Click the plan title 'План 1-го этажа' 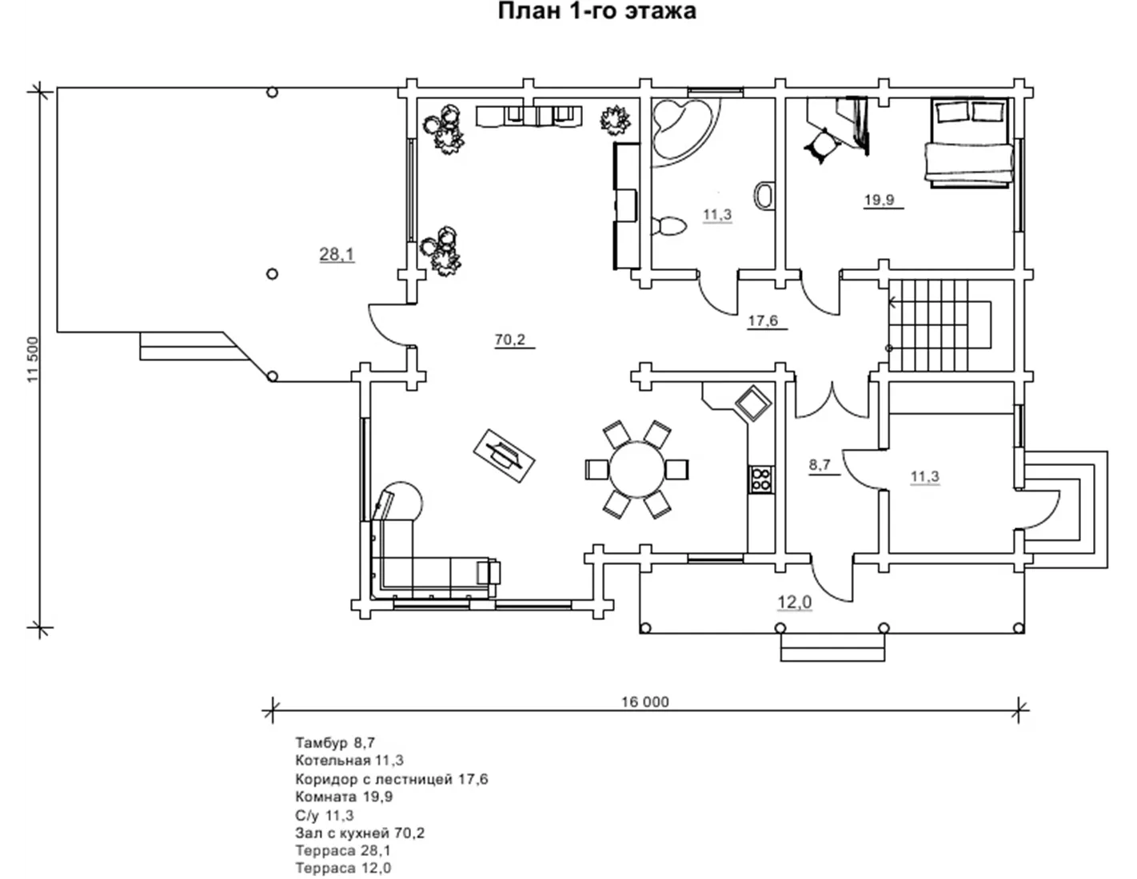point(596,11)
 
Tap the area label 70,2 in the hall point(510,340)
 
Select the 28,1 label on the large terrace point(337,255)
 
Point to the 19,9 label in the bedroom point(880,200)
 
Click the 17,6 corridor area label point(763,320)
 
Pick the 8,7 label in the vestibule point(820,465)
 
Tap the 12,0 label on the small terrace point(794,603)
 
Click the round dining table point(637,470)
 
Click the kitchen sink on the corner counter point(753,404)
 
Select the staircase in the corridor point(940,324)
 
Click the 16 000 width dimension point(645,702)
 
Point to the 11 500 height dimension point(33,360)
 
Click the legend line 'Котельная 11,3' point(349,760)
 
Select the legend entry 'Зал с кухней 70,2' point(360,833)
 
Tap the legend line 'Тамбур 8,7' point(335,742)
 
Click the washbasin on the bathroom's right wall point(764,196)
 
